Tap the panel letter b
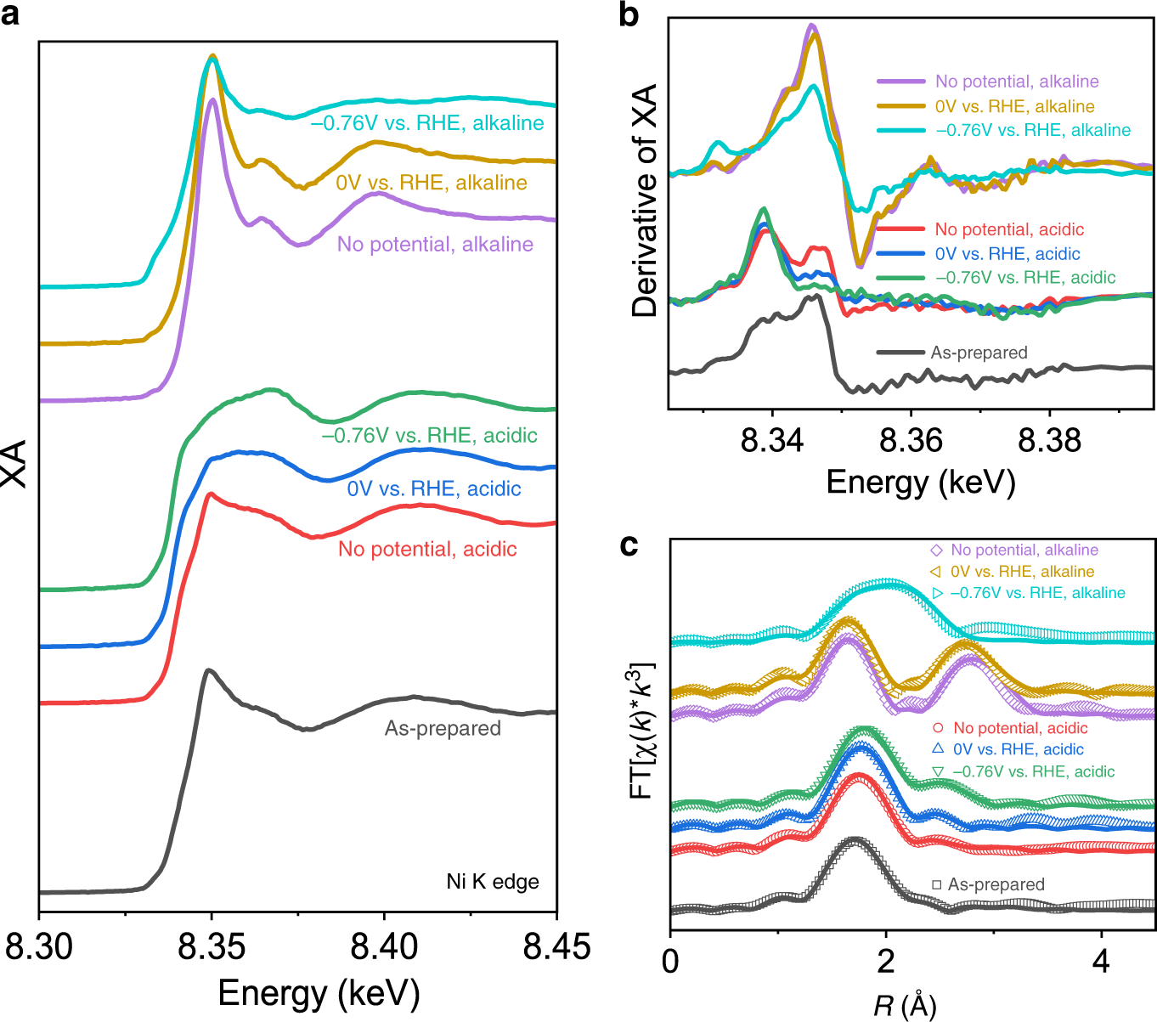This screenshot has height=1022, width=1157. click(629, 14)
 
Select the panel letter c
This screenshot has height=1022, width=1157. click(629, 545)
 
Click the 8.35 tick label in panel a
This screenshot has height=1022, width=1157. click(212, 946)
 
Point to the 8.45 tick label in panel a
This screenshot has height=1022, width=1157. click(556, 946)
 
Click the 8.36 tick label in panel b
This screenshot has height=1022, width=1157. click(911, 440)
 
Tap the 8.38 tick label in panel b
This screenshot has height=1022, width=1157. click(1049, 440)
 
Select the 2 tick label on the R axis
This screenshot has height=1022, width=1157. click(886, 961)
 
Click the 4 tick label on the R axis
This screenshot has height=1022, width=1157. click(1102, 961)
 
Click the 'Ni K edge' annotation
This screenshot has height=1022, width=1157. click(493, 882)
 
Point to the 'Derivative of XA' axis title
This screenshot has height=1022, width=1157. click(646, 200)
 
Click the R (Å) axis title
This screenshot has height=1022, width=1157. click(905, 1006)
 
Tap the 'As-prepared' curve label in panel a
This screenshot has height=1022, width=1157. click(443, 728)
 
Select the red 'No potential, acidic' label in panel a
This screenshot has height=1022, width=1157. click(427, 549)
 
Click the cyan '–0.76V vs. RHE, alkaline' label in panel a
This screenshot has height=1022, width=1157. click(427, 123)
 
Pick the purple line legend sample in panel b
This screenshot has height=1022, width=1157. click(900, 82)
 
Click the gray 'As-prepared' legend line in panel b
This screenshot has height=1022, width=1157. click(900, 353)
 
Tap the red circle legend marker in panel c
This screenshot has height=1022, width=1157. click(938, 728)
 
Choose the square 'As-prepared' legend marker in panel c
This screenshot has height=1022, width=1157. click(936, 884)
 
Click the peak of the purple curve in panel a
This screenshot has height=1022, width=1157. click(212, 100)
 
